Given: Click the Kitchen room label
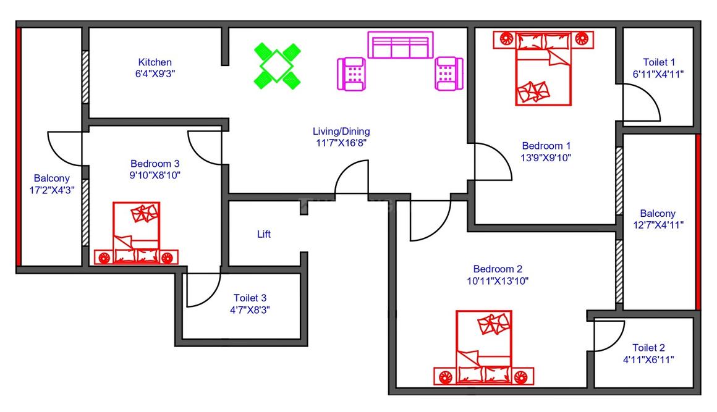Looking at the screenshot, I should click(x=155, y=62).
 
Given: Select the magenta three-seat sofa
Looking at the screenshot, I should click(x=399, y=45).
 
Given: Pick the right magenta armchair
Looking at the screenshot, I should click(x=448, y=74).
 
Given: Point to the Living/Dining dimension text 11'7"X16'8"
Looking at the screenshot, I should click(x=341, y=143).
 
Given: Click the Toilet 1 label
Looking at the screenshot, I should click(x=659, y=62).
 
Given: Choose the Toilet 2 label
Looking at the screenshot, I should click(x=649, y=348).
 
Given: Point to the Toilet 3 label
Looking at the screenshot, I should click(x=250, y=298).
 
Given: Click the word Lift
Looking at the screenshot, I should click(x=264, y=235).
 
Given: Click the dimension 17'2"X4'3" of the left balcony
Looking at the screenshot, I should click(x=51, y=190).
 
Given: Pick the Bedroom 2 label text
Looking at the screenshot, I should click(x=498, y=269).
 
